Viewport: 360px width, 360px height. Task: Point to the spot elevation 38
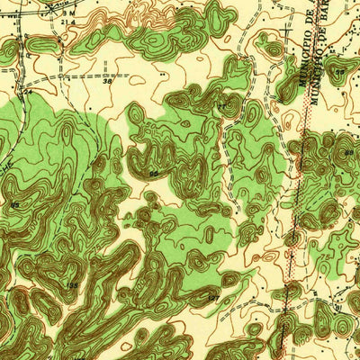108,80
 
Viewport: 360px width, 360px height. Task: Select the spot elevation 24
27,92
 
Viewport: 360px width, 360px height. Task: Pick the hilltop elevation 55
154,173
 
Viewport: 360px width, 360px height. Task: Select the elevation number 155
72,285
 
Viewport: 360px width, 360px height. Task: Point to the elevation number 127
212,296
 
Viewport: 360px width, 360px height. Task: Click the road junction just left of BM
56,16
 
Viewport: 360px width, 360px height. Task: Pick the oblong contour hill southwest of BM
40,43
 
